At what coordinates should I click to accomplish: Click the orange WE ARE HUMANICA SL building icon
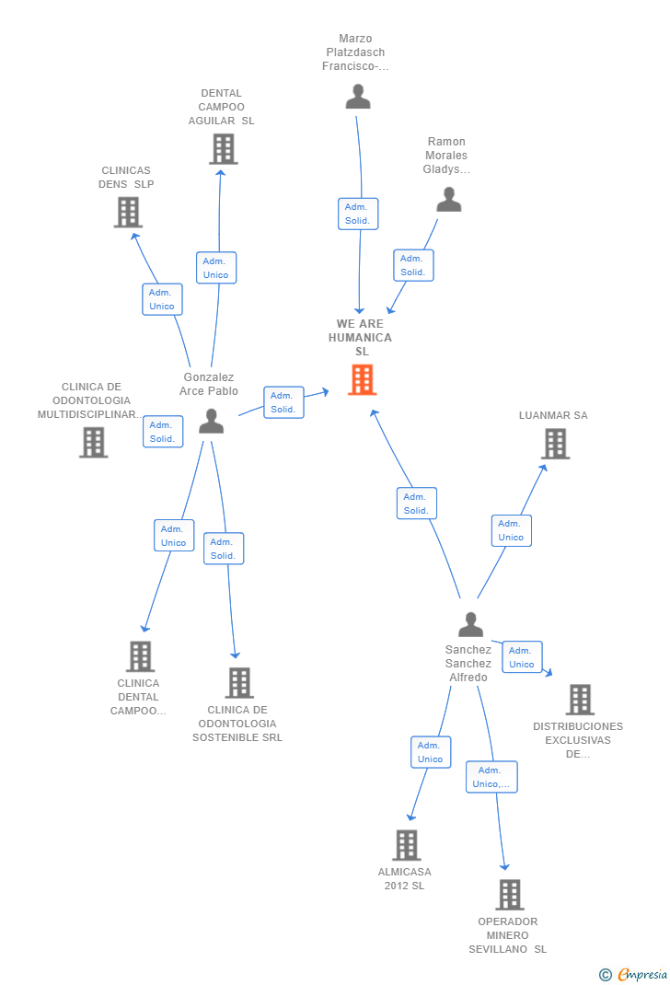(x=363, y=380)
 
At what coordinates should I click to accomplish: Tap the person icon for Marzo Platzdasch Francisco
(x=358, y=97)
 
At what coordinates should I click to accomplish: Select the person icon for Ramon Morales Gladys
(x=449, y=200)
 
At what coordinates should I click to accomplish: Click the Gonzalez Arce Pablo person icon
(x=211, y=421)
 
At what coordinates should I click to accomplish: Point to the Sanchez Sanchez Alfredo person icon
(x=471, y=624)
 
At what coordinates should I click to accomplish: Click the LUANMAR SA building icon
(x=556, y=444)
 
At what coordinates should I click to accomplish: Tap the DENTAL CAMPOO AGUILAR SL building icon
(x=224, y=149)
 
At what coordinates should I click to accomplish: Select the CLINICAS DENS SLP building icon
(x=128, y=213)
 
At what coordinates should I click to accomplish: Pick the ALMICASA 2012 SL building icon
(x=406, y=845)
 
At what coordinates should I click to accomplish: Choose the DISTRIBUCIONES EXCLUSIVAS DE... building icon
(x=580, y=700)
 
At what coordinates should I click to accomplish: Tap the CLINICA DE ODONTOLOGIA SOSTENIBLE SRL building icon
(x=239, y=683)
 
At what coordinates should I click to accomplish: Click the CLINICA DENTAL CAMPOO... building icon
(x=140, y=656)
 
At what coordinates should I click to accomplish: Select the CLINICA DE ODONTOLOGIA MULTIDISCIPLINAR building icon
(x=94, y=442)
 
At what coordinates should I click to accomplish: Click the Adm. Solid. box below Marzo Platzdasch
(x=358, y=214)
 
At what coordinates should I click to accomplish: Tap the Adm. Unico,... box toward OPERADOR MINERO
(x=491, y=777)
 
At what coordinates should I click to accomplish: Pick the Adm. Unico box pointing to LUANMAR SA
(x=511, y=530)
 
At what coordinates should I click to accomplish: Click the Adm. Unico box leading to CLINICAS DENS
(x=162, y=299)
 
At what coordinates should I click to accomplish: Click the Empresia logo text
(x=642, y=974)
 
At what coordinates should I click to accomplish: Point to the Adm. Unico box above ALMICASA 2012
(x=431, y=753)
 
